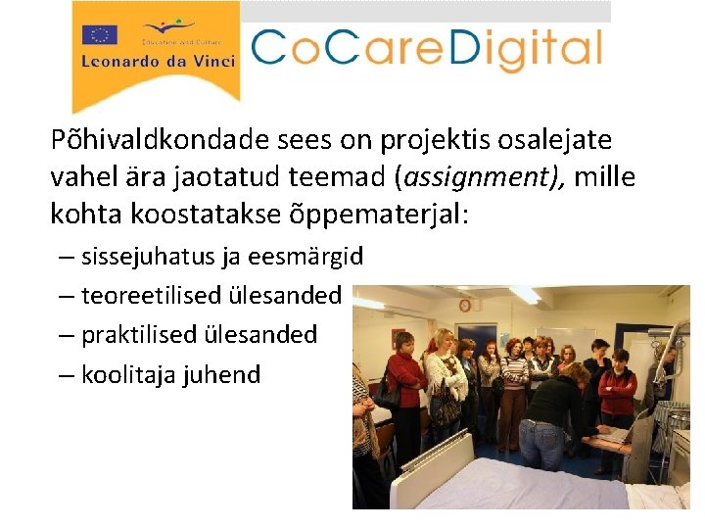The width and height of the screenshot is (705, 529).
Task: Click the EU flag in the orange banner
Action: [x=100, y=35]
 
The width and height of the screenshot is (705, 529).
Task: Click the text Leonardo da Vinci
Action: [x=158, y=61]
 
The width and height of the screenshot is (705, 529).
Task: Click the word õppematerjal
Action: [x=377, y=214]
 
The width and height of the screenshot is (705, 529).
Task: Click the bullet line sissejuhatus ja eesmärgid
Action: [x=221, y=258]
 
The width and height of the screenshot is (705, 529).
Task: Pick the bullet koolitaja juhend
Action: [x=170, y=374]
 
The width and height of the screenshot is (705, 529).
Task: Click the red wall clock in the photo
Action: [x=464, y=305]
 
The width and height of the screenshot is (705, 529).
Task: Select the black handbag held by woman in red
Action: [x=389, y=397]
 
